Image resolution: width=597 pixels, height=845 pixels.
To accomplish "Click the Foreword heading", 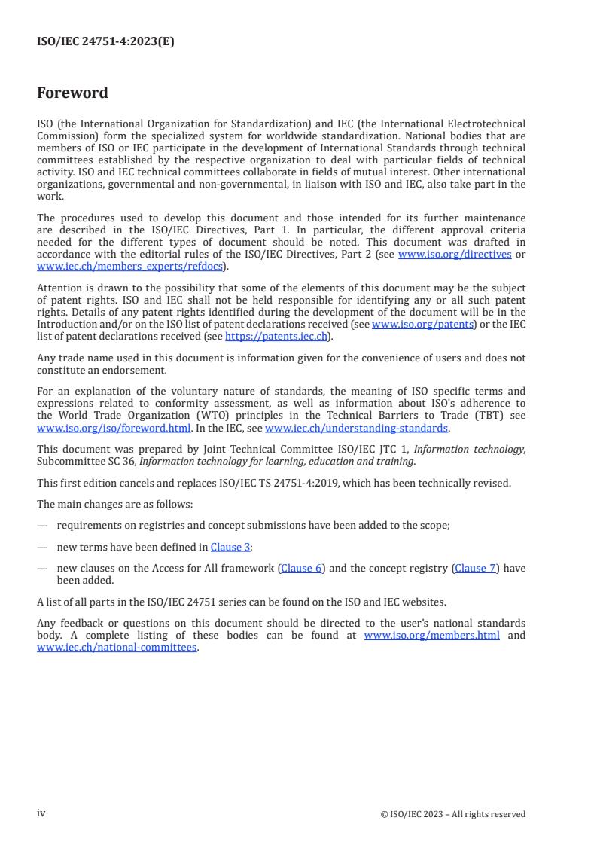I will tap(72, 93).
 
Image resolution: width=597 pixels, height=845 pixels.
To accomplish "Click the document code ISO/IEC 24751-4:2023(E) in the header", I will tap(105, 42).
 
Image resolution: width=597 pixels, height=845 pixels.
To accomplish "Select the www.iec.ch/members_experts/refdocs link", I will tap(130, 266).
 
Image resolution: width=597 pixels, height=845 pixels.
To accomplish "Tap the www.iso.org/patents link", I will tap(422, 324).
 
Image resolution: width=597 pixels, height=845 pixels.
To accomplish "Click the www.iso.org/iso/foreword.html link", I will tap(114, 428).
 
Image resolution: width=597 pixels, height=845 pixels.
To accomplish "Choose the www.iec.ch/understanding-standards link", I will tap(357, 428).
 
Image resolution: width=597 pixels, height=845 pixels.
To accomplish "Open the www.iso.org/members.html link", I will tap(431, 636).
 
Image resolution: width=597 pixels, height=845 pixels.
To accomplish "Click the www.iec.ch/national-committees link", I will tap(117, 647).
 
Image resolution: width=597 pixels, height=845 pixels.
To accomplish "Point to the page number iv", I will tap(41, 813).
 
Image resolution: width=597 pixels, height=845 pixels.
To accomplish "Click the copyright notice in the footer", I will tap(453, 814).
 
